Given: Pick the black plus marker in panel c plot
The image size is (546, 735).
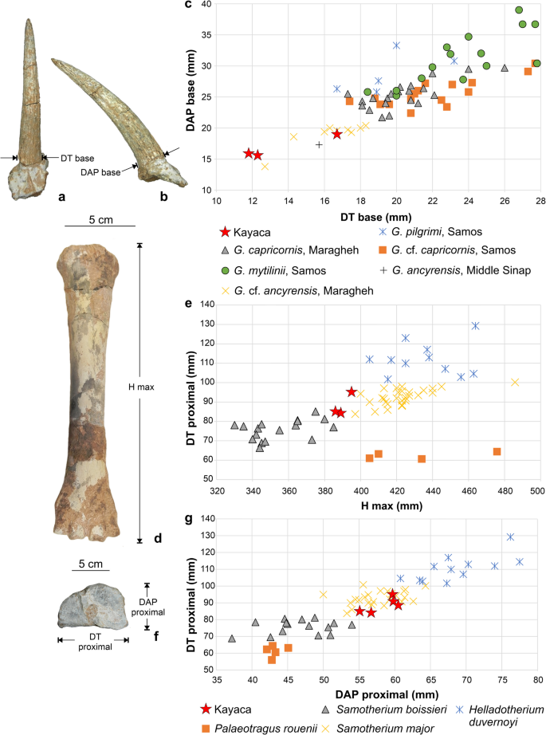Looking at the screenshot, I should click(319, 144).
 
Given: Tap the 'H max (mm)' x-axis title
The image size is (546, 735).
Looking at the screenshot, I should click(378, 506).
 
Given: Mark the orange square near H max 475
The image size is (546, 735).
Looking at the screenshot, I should click(497, 451).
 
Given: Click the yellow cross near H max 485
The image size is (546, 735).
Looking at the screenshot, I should click(515, 382).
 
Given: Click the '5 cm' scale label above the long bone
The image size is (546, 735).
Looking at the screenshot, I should click(92, 219).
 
